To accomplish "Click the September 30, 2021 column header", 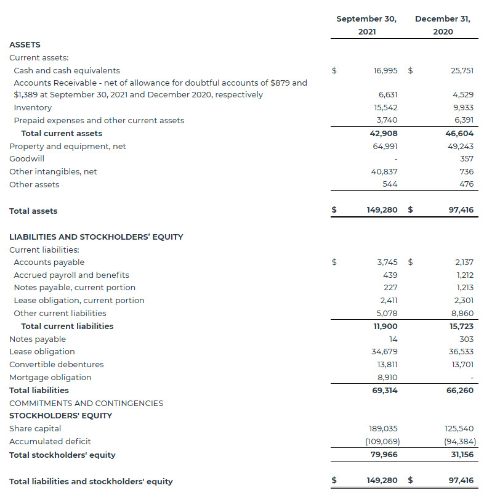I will click(366, 25).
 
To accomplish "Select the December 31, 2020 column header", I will click(443, 25).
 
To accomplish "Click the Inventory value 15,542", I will click(385, 108).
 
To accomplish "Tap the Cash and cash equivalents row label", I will click(67, 71).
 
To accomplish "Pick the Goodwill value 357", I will click(466, 159).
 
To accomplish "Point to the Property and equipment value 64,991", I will click(385, 147).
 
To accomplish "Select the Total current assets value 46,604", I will click(460, 134).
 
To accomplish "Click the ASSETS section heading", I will click(25, 45).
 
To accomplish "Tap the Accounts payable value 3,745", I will click(387, 262).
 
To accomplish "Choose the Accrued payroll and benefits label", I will click(71, 275).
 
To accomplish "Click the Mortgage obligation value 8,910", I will click(387, 378).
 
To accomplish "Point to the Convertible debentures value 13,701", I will click(462, 365).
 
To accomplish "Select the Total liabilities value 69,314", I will click(385, 391).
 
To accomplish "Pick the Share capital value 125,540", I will click(459, 429).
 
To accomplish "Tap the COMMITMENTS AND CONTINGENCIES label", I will click(86, 404).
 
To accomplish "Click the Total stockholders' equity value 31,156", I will click(461, 455).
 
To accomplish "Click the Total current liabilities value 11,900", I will click(385, 327).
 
